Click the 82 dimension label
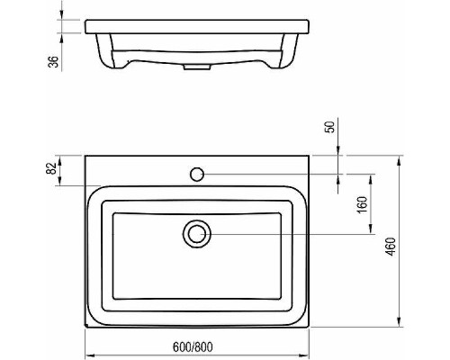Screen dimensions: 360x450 pyautogui.click(x=51, y=167)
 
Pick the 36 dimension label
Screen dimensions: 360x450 pyautogui.click(x=53, y=61)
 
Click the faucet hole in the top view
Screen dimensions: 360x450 pyautogui.click(x=196, y=171)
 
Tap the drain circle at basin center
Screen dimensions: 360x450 pyautogui.click(x=196, y=234)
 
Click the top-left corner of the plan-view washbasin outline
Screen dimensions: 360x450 pyautogui.click(x=85, y=156)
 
